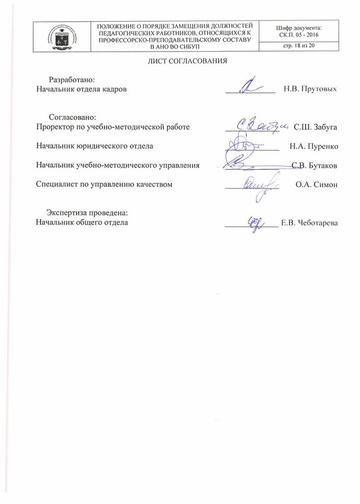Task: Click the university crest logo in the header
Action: tap(62, 36)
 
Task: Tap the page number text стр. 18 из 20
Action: tap(299, 47)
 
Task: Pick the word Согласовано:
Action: tap(72, 118)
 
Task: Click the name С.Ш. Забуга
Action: tap(315, 127)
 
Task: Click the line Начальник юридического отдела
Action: tap(95, 146)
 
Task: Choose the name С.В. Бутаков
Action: tap(315, 165)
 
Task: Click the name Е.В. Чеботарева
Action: tap(309, 223)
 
